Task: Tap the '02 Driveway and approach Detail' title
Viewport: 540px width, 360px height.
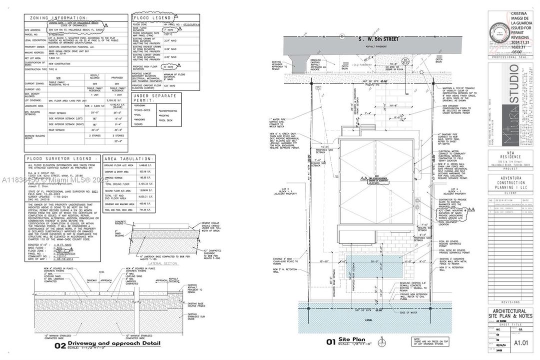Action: pyautogui.click(x=107, y=343)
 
